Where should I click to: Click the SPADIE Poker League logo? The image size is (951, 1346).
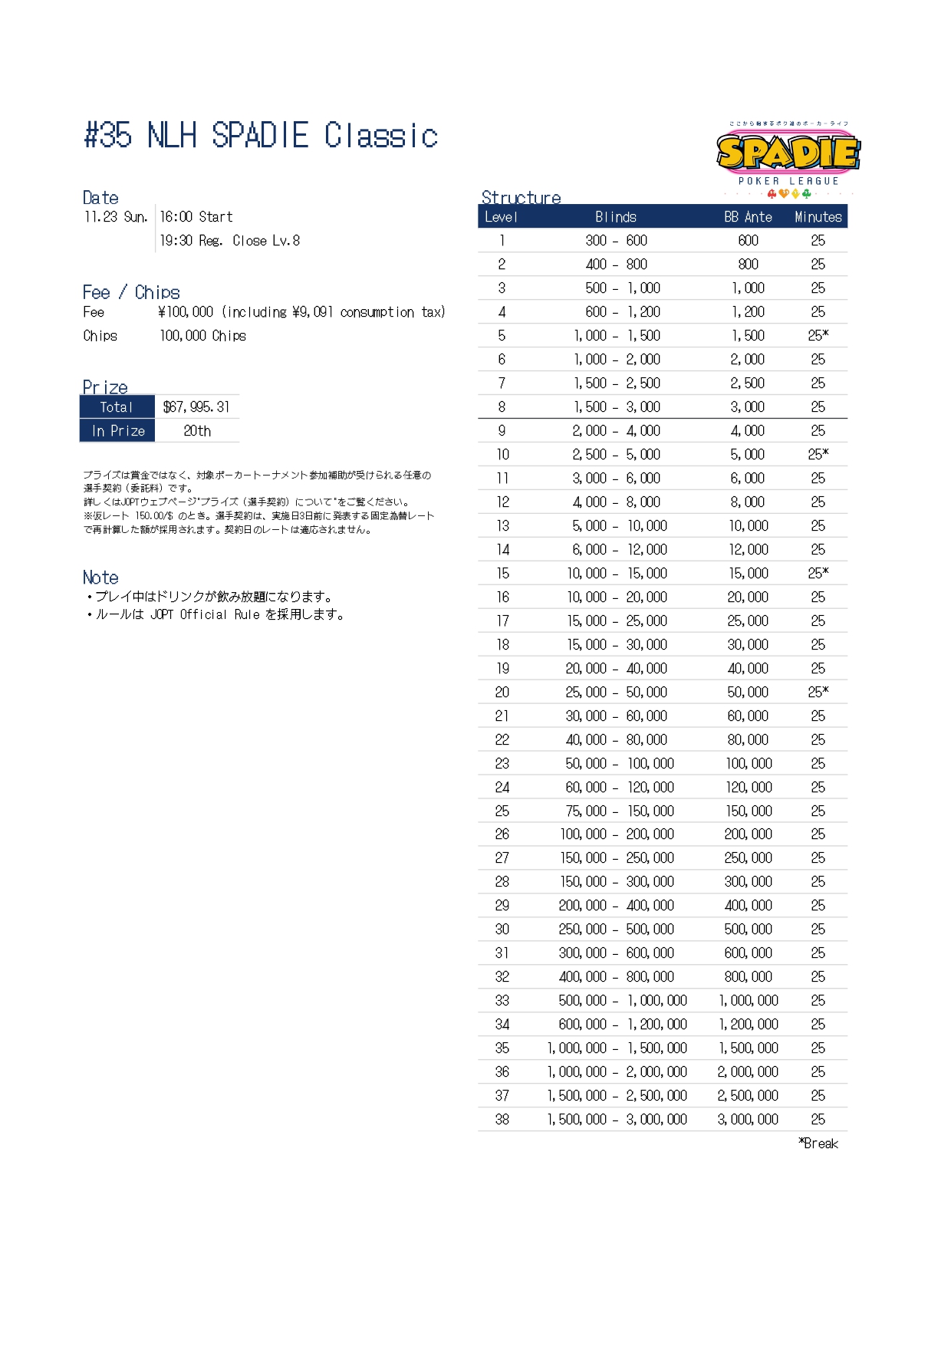tap(788, 158)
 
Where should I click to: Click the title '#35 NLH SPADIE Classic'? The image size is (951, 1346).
tap(261, 136)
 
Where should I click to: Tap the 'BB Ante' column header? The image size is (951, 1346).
tap(748, 217)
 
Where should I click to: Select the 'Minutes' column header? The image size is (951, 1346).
tap(818, 217)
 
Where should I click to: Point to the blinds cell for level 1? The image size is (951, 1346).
tap(616, 241)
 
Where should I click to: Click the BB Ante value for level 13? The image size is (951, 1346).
tap(748, 526)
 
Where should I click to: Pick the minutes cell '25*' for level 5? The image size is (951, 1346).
tap(818, 336)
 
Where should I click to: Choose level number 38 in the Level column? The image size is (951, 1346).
tap(502, 1120)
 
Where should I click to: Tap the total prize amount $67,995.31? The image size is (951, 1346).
tap(196, 407)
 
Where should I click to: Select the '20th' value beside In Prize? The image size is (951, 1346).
tap(197, 431)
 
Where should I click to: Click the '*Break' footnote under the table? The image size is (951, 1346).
tap(818, 1144)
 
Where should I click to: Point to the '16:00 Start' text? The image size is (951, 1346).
tap(196, 217)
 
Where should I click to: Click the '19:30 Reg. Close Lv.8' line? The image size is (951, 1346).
tap(229, 241)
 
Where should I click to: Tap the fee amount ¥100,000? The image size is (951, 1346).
tap(186, 312)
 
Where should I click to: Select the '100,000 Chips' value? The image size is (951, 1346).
tap(202, 336)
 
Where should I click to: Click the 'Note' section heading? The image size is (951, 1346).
tap(100, 578)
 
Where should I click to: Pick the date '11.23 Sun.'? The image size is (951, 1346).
tap(116, 217)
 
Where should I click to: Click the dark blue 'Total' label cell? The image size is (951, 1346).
tap(117, 407)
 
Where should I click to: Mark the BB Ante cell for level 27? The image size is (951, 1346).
tap(748, 858)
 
